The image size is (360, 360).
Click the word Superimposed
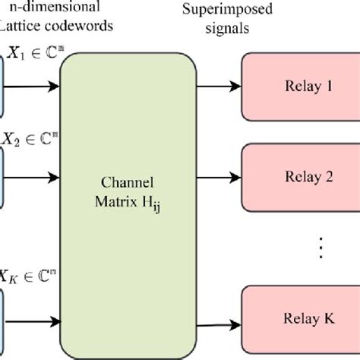point(219,11)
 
